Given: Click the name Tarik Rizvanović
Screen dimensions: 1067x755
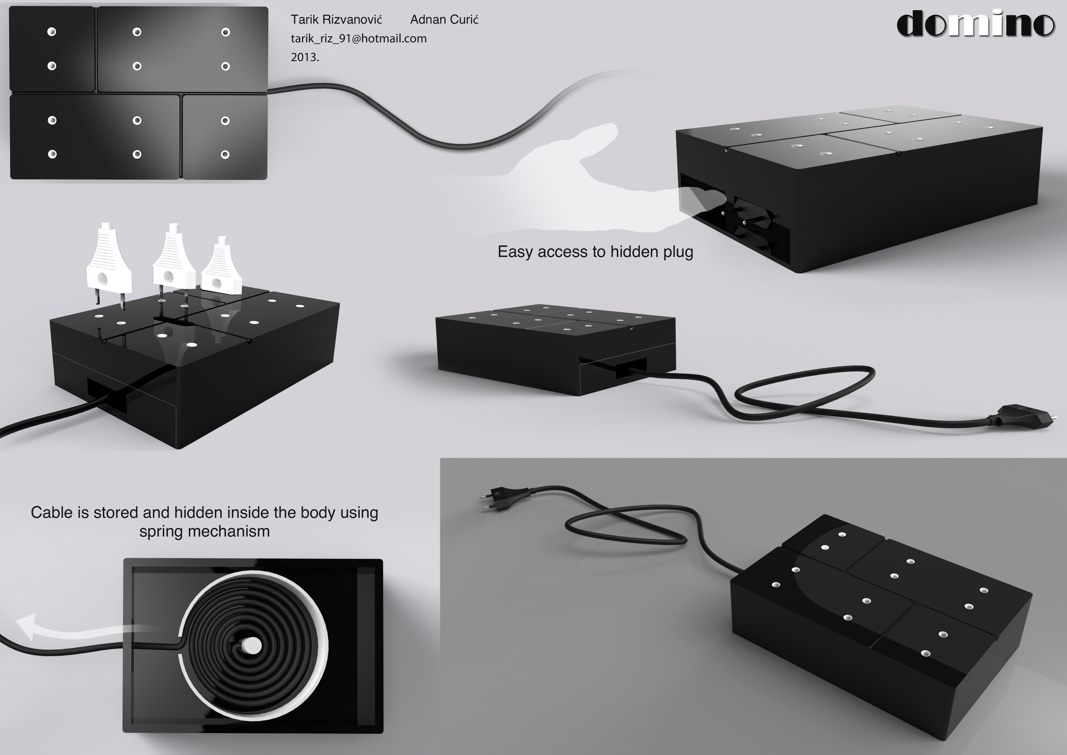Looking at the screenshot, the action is [x=336, y=20].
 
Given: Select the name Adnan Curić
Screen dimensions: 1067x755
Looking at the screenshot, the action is [x=444, y=20].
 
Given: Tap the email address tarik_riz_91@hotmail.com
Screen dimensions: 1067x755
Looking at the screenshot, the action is [x=359, y=39].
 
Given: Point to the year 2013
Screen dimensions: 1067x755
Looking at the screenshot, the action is [x=305, y=57].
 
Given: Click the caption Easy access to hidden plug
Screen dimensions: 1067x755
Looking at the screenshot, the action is [x=595, y=252].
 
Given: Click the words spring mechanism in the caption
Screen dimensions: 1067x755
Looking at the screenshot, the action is [x=205, y=531].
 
